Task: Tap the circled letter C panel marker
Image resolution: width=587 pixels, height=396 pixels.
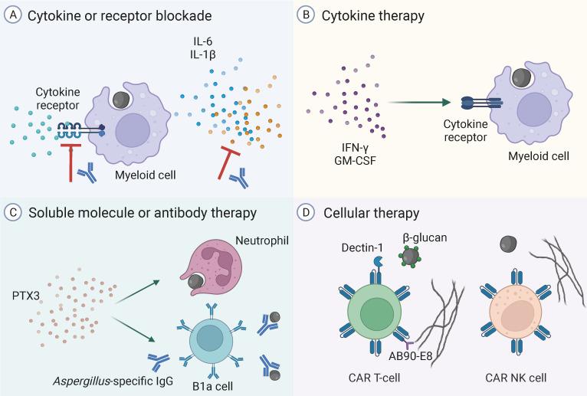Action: [12, 209]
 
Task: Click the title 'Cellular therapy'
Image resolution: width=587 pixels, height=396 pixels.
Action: [366, 209]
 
